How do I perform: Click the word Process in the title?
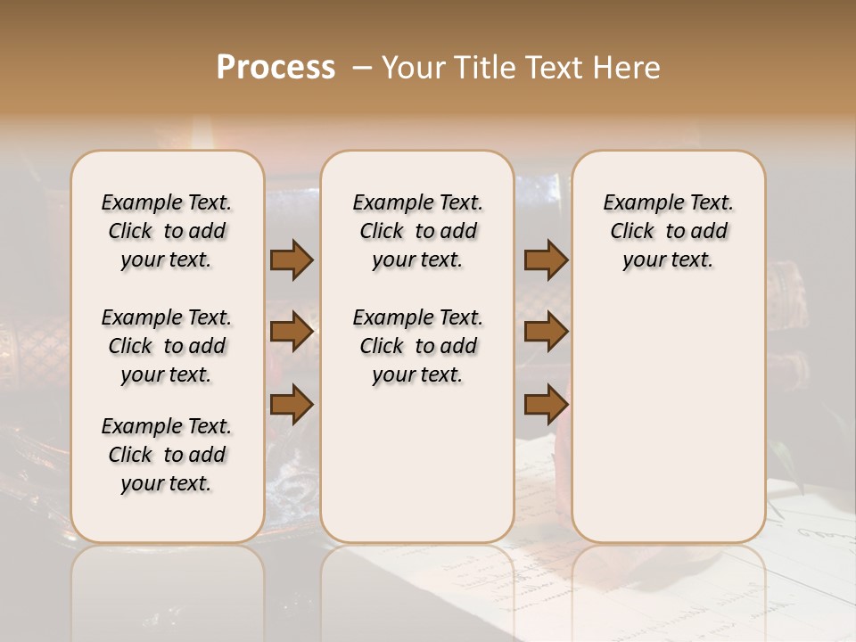pos(276,68)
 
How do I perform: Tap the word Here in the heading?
pos(627,68)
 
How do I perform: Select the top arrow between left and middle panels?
pos(292,259)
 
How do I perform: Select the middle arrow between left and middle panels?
pos(292,333)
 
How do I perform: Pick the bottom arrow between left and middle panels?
pos(292,406)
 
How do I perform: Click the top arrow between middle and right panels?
pos(546,259)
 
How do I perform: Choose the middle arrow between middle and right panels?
pos(546,333)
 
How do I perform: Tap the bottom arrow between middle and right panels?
pos(546,406)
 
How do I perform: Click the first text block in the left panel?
pos(167,231)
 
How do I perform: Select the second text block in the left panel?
pos(167,346)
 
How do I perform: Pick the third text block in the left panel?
pos(167,455)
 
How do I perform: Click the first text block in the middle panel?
pos(417,231)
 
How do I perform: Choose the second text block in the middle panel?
pos(417,346)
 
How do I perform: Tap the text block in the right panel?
pos(668,231)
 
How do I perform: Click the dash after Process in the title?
pos(361,68)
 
